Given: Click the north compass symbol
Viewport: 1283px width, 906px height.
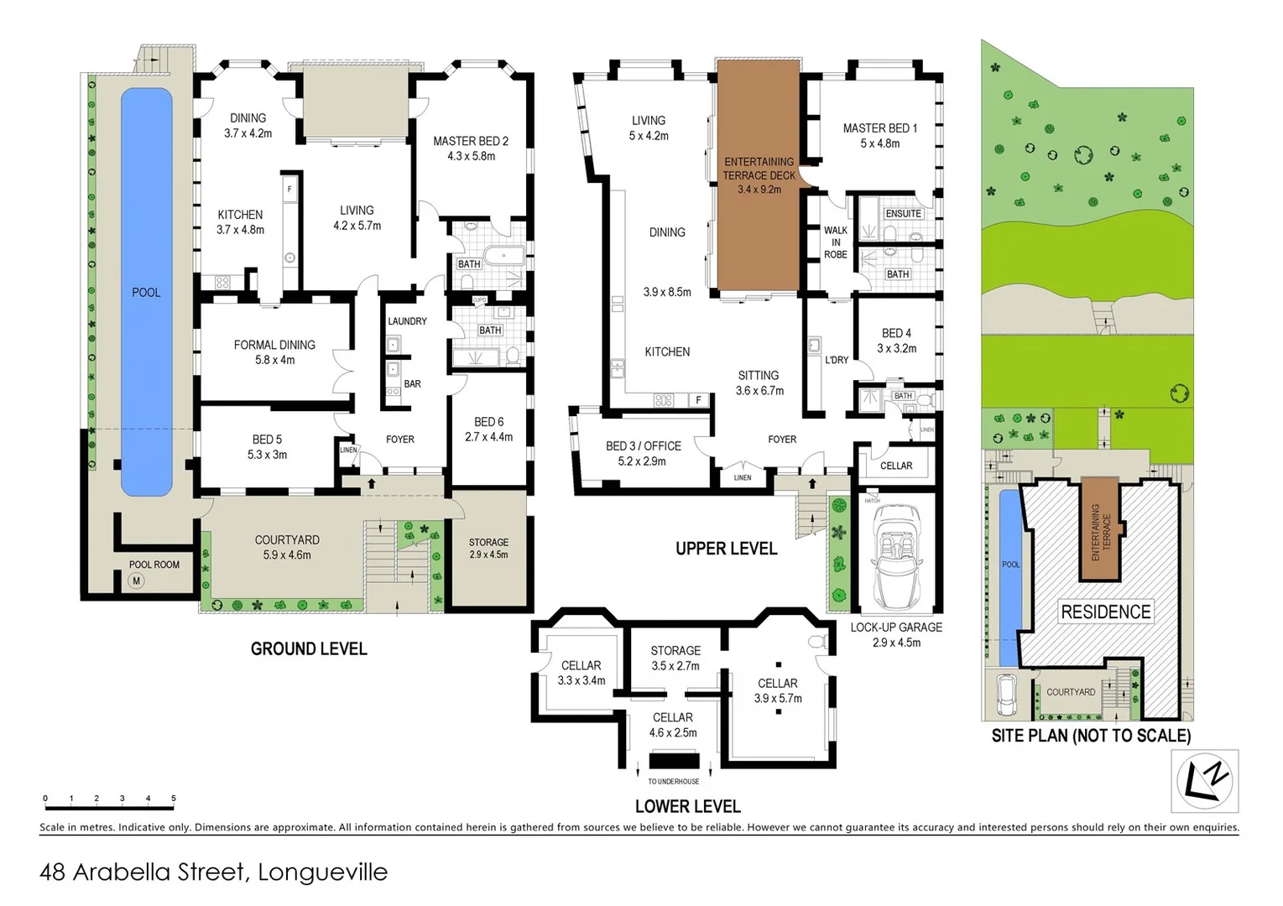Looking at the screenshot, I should tap(1204, 781).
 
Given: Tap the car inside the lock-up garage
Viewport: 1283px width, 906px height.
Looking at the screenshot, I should tap(895, 555).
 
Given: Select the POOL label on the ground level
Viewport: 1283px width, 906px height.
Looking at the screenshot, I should tap(146, 293).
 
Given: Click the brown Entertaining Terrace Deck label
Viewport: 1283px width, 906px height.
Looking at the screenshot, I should tap(759, 175).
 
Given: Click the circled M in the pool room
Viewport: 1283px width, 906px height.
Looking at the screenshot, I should tap(137, 581).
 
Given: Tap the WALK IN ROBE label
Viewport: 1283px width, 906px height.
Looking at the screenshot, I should tap(835, 242).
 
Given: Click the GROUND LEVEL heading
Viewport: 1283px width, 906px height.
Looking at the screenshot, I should tap(309, 648).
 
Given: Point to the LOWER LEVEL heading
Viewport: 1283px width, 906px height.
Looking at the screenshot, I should tap(687, 806).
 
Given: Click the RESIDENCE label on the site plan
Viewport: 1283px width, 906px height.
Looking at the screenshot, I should tap(1105, 612).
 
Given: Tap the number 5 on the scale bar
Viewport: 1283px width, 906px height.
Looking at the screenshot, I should tap(174, 799).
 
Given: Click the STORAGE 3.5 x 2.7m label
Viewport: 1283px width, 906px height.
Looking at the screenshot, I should tap(675, 658).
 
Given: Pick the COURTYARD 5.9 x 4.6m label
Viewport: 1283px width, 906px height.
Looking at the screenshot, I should tap(287, 547).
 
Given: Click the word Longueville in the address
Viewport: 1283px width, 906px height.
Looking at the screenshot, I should tap(322, 872).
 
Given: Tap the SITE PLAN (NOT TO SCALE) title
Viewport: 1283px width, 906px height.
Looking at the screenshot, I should tap(1091, 736).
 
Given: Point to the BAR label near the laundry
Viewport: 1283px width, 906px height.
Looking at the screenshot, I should tap(412, 384).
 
